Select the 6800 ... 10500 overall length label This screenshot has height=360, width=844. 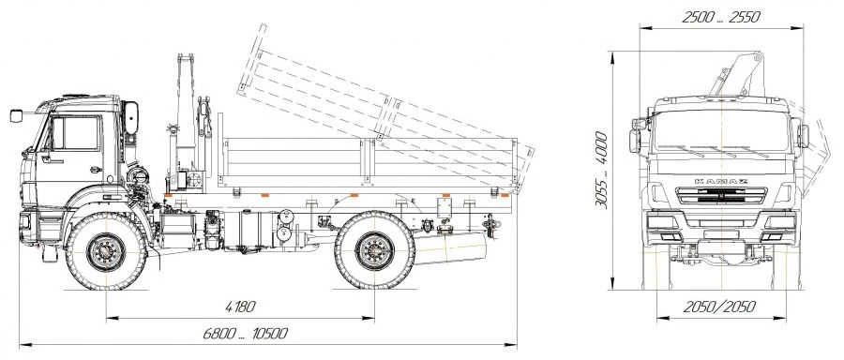(245, 334)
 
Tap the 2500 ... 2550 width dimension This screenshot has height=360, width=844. (721, 17)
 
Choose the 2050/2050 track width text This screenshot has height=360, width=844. (719, 307)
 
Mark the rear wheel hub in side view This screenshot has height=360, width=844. (374, 251)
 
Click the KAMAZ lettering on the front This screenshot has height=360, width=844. (721, 181)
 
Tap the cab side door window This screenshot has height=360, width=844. (76, 133)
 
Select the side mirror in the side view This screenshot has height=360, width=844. (16, 115)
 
